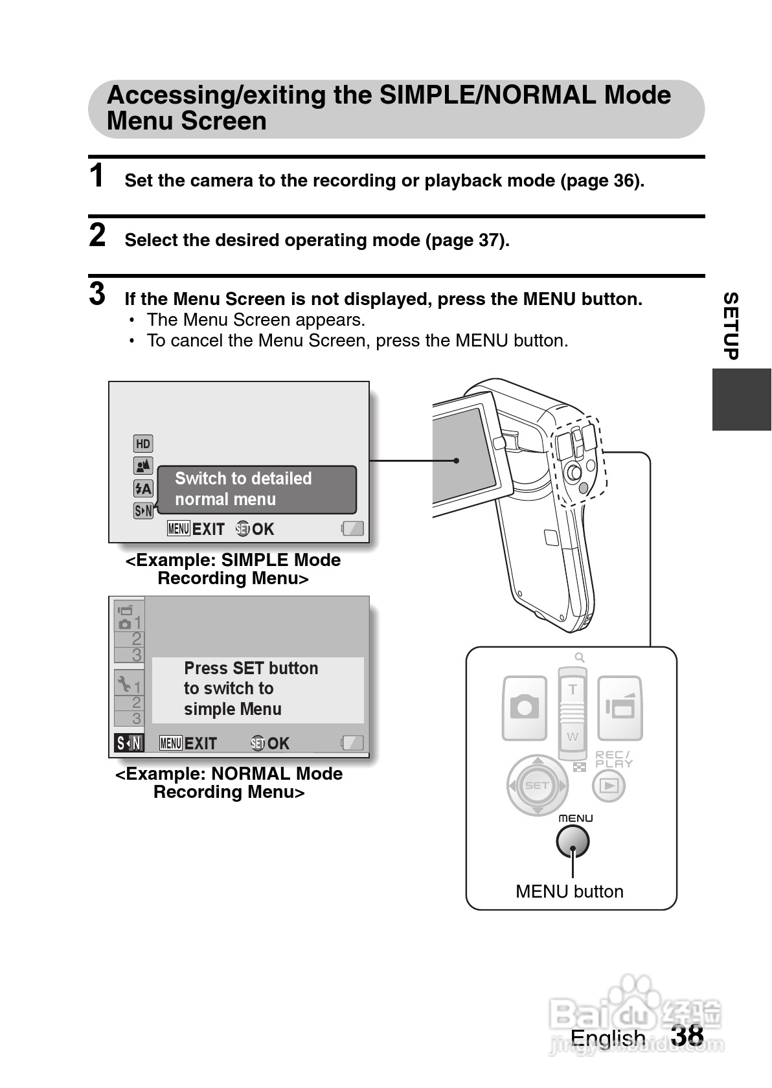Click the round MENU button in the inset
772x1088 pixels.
(x=573, y=841)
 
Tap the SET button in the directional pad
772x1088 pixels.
(x=537, y=786)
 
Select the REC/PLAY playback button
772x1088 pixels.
(x=609, y=786)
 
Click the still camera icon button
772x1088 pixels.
(x=525, y=707)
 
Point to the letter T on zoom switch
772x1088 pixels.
(x=573, y=690)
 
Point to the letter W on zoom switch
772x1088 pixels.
(x=573, y=736)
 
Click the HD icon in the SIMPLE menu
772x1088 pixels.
(x=143, y=444)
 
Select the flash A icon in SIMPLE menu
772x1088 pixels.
(x=143, y=488)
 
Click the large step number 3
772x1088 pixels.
(x=97, y=293)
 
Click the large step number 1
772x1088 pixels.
(x=97, y=176)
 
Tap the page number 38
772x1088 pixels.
(x=687, y=1035)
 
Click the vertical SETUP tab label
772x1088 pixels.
(x=731, y=326)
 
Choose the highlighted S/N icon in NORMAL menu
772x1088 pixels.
(x=129, y=743)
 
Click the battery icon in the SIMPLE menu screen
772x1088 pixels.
(x=353, y=529)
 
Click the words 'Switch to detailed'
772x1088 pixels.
(x=243, y=479)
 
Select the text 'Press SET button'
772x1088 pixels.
(x=251, y=668)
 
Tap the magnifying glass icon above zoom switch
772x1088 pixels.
(x=580, y=657)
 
